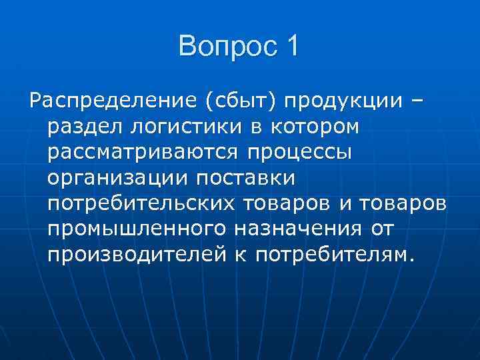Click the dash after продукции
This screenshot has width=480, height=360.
click(x=417, y=101)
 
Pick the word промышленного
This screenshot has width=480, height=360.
click(x=136, y=229)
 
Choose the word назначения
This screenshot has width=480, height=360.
click(x=297, y=229)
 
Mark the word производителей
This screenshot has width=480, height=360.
click(x=142, y=255)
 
